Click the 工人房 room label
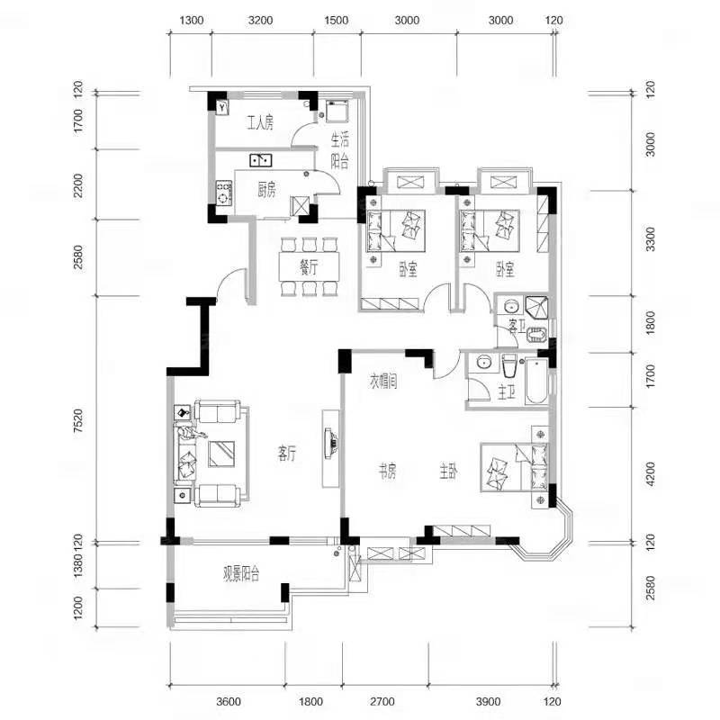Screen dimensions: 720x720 point(260,123)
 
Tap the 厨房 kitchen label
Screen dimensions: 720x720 point(266,190)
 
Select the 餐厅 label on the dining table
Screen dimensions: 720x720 point(309,267)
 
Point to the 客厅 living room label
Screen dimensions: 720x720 point(287,454)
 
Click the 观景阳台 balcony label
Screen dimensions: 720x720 point(241,573)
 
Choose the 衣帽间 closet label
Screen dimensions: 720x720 point(383,382)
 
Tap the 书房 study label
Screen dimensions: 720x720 point(387,471)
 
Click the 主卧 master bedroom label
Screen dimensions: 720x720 point(448,472)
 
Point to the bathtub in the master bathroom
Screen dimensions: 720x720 point(536,381)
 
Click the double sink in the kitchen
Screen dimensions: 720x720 point(260,160)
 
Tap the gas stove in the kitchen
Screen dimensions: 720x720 point(223,193)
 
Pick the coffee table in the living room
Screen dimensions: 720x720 point(221,454)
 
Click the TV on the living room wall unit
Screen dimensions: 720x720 point(330,442)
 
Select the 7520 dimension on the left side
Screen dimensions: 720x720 point(78,420)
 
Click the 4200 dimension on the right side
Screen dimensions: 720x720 point(650,474)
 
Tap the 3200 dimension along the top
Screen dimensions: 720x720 point(260,20)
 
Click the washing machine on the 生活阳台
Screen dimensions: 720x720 point(337,110)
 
